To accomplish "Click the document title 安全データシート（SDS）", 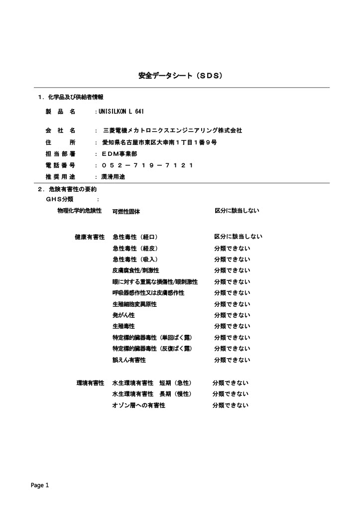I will pyautogui.click(x=180, y=76).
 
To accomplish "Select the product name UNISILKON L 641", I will pyautogui.click(x=121, y=111).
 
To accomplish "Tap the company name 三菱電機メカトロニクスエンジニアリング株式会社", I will pyautogui.click(x=172, y=130).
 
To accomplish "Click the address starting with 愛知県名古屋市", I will pyautogui.click(x=159, y=142).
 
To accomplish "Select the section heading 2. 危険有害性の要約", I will pyautogui.click(x=67, y=189).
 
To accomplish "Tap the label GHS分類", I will pyautogui.click(x=59, y=199).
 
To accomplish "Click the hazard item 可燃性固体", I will pyautogui.click(x=126, y=211).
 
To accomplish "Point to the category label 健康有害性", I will pyautogui.click(x=90, y=237).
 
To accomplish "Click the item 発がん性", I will pyautogui.click(x=123, y=315).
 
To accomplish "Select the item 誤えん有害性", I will pyautogui.click(x=129, y=360).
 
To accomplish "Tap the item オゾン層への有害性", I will pyautogui.click(x=139, y=405).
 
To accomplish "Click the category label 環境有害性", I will pyautogui.click(x=90, y=383).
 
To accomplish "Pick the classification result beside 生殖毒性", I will pyautogui.click(x=232, y=326).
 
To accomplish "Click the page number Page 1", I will pyautogui.click(x=40, y=485).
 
